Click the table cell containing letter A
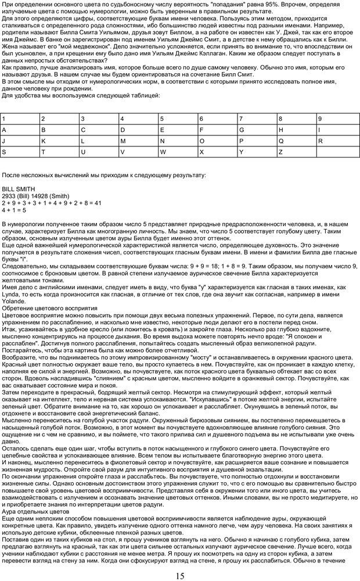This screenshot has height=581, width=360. [20, 130]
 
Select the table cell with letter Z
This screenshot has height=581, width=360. [296, 152]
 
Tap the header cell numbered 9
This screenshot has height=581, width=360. [336, 119]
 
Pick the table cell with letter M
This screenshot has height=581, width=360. [138, 141]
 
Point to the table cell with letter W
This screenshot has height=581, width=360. [178, 152]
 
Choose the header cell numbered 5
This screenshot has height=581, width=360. [178, 119]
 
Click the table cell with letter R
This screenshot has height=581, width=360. [336, 141]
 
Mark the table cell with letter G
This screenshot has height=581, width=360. [257, 130]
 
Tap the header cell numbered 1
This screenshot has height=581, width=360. [20, 119]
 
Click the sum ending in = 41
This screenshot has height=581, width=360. [52, 203]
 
